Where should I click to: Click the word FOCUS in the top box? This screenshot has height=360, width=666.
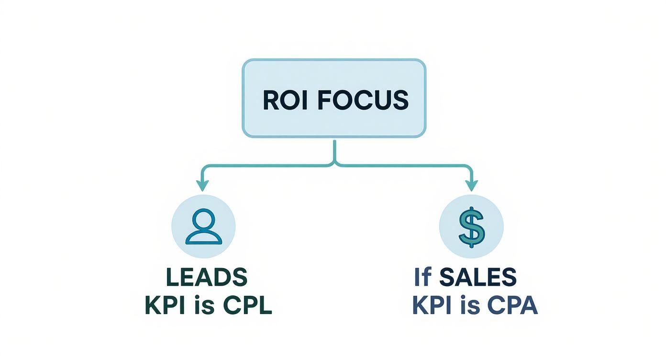[x=363, y=100]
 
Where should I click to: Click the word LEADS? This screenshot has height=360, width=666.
[x=207, y=277]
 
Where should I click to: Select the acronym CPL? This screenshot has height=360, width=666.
[x=248, y=306]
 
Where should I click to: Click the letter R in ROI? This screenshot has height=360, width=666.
[x=271, y=100]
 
